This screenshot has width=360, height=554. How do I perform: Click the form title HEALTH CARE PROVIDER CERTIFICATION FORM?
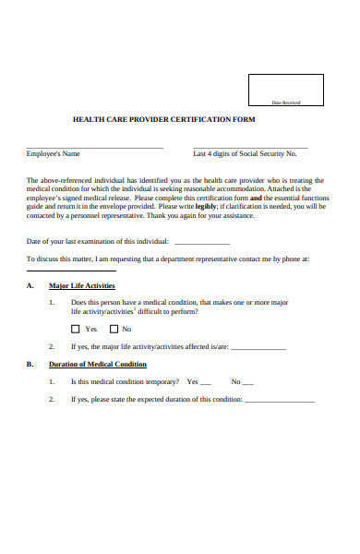point(158,120)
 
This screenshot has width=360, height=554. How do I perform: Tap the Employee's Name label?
point(54,154)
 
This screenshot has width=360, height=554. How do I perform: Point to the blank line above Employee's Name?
point(95,148)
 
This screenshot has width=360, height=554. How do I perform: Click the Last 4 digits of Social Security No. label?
point(245,154)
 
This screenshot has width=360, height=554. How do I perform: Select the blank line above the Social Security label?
point(250,148)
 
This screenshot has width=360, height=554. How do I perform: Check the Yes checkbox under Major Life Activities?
point(76,329)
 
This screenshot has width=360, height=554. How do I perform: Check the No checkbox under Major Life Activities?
point(114,329)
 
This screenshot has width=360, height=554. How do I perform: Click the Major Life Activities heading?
point(81,286)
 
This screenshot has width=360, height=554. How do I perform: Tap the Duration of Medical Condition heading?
point(98,364)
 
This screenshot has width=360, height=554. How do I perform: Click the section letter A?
point(30,286)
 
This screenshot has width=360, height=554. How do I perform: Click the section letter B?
point(30,364)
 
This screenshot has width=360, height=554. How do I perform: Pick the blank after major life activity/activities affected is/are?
point(258,349)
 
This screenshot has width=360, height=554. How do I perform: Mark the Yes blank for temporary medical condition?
point(205,383)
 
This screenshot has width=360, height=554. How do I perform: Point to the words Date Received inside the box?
point(286,102)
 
